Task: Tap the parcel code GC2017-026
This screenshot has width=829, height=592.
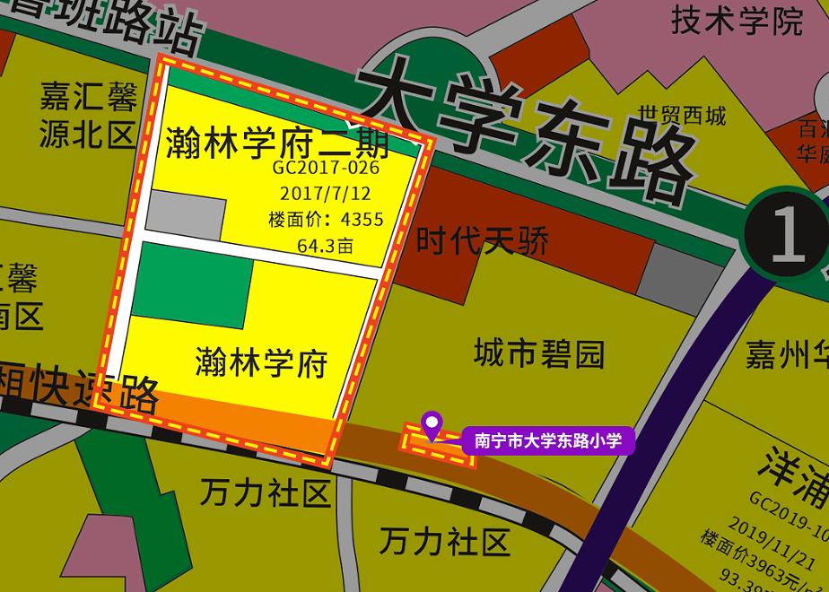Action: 327,168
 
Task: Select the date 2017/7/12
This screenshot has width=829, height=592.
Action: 325,193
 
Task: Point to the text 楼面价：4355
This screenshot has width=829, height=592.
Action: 326,219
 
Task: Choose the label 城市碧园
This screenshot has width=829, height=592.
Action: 539,354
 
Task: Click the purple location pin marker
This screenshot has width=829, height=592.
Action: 432,424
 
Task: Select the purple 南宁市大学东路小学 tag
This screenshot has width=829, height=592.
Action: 548,440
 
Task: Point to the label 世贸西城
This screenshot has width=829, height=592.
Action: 682,116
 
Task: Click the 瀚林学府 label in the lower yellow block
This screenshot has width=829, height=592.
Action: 261,364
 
